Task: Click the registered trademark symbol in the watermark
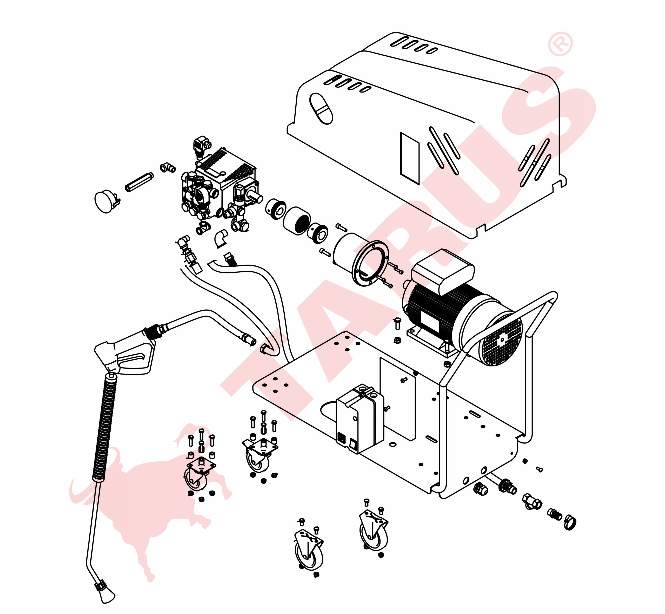[x=560, y=44]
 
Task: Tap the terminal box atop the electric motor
[x=443, y=271]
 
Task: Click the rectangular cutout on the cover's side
[x=410, y=158]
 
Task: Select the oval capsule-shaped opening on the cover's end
[x=321, y=109]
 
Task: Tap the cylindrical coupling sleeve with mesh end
[x=296, y=221]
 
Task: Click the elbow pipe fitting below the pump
[x=221, y=238]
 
